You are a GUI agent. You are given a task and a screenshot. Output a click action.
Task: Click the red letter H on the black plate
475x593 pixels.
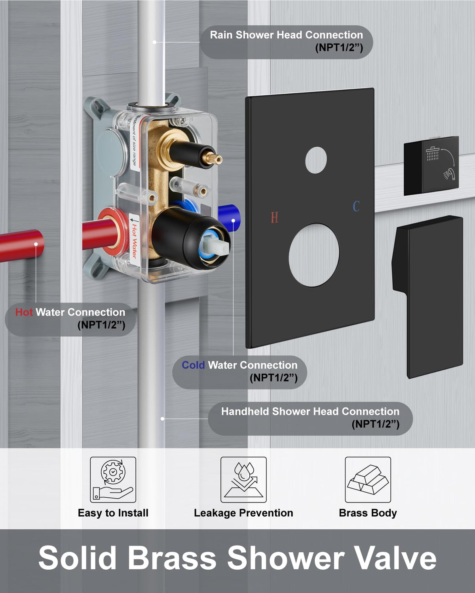coord(274,217)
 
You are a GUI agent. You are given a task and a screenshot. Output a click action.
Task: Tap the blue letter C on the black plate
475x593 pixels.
coord(356,206)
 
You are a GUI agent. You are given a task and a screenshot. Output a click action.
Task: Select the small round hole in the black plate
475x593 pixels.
coord(316,160)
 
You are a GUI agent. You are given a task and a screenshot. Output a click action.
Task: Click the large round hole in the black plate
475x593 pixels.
coord(314,255)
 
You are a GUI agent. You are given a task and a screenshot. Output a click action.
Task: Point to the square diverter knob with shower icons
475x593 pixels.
coord(431,166)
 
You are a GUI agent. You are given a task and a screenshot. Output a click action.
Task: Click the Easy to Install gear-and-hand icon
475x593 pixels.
coord(113,480)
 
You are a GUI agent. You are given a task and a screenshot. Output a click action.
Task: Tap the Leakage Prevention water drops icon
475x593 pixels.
coord(243,480)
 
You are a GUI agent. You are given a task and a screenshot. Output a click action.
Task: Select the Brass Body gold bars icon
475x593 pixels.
coord(368,480)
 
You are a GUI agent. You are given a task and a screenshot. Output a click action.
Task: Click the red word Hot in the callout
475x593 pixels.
coord(24,312)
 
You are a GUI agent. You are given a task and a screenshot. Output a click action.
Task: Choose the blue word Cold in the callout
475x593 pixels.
coord(193,365)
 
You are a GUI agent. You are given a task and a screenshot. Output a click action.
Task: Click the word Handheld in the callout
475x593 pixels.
coord(245,412)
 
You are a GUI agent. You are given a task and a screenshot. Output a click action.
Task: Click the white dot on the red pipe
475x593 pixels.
coord(36,244)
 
